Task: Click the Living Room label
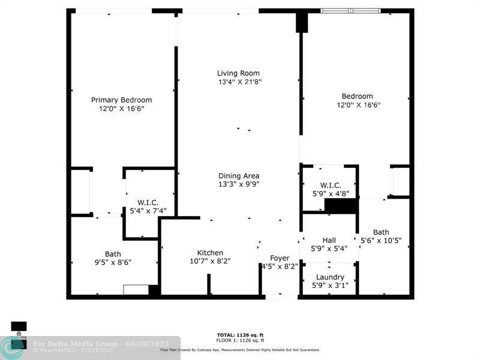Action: click(x=239, y=73)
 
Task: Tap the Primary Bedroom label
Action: click(x=121, y=100)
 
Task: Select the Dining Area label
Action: click(x=239, y=176)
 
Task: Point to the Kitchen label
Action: click(x=210, y=253)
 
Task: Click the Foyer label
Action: click(x=280, y=258)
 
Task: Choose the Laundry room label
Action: click(x=330, y=277)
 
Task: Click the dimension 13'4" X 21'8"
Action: click(x=239, y=82)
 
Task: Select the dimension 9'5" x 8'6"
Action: click(x=113, y=262)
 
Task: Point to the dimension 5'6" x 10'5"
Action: click(x=381, y=241)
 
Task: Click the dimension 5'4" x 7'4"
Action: click(x=148, y=211)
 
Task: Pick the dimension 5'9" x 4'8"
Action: click(x=330, y=193)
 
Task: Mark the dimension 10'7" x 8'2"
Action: click(x=210, y=261)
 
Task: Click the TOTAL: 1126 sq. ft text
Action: click(x=240, y=335)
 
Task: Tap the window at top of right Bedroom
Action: click(x=350, y=11)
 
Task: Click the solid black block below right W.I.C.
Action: click(x=341, y=206)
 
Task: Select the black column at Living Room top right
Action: click(x=301, y=23)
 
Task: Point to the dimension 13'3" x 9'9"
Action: click(x=239, y=184)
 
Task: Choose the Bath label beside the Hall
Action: click(x=381, y=232)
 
